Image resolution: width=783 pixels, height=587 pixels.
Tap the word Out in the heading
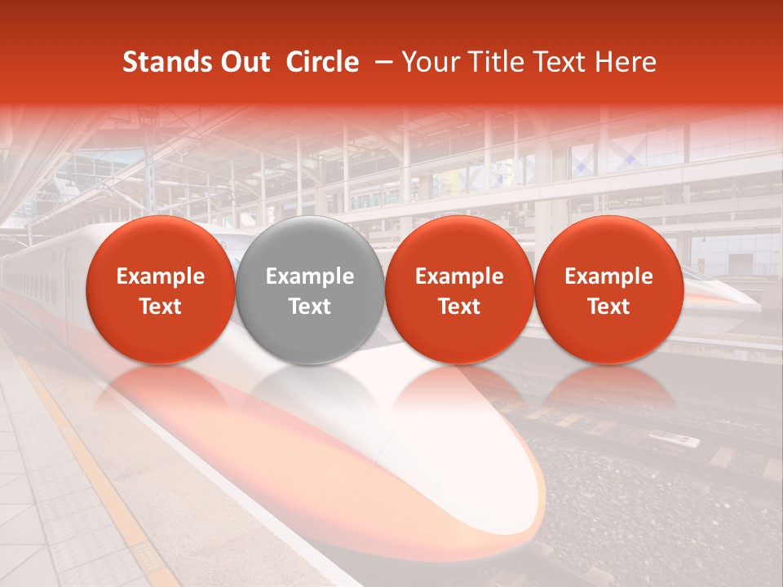(x=244, y=62)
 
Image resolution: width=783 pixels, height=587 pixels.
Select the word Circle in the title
(x=322, y=62)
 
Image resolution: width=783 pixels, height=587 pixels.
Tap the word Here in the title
(x=626, y=62)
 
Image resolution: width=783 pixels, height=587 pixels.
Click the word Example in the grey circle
(x=310, y=276)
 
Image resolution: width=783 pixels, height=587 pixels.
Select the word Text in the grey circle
(x=310, y=307)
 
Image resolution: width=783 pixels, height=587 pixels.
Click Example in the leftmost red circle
(x=161, y=276)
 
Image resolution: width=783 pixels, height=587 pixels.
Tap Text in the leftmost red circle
(x=161, y=307)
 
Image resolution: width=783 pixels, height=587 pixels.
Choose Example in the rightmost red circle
(x=609, y=276)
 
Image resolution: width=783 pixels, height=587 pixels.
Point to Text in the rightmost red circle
(x=609, y=307)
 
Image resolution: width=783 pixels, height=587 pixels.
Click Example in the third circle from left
(x=459, y=276)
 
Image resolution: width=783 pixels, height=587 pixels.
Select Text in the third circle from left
(x=459, y=307)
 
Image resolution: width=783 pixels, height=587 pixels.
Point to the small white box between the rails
(x=675, y=440)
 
